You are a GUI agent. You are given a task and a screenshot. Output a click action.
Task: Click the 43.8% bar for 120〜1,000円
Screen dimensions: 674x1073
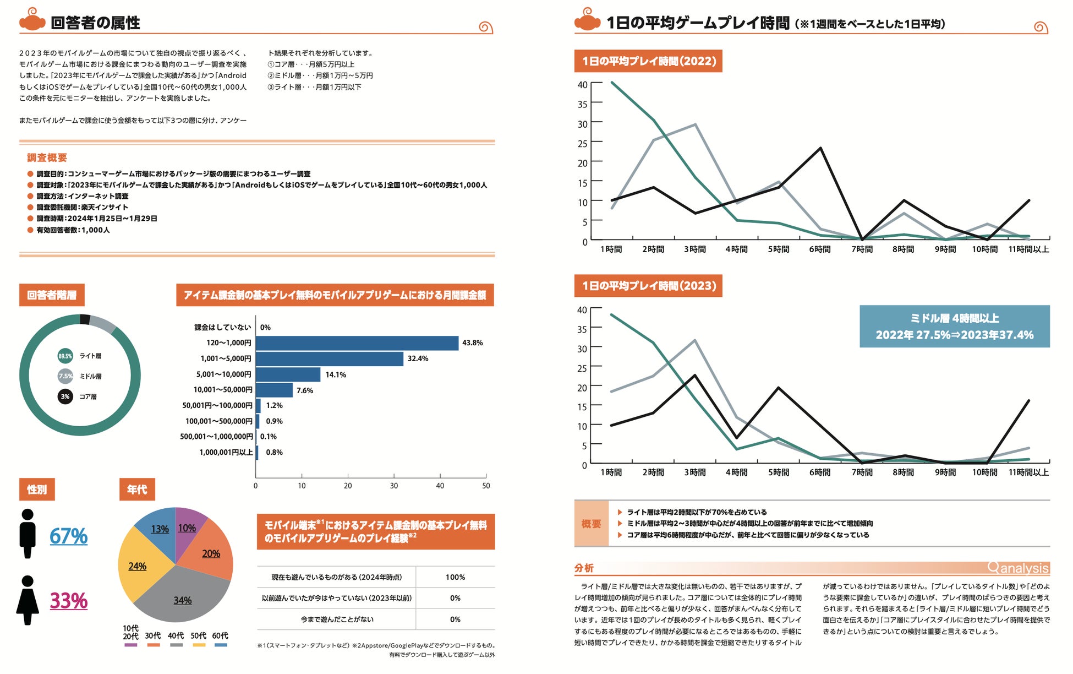[357, 343]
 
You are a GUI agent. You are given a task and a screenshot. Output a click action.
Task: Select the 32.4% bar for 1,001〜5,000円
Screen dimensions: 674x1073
[329, 359]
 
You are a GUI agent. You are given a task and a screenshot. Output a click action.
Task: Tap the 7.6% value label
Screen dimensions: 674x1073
[305, 391]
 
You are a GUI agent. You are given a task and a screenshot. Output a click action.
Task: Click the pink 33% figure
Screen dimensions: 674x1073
[69, 601]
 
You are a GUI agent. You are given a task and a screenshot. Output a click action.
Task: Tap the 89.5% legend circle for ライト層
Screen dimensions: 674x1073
[65, 356]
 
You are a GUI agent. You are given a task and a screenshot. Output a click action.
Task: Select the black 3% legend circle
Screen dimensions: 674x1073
[65, 396]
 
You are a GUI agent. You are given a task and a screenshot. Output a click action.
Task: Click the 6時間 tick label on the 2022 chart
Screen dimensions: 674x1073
[820, 249]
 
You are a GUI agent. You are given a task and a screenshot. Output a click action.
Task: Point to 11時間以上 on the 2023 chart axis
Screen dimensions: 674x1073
[1028, 472]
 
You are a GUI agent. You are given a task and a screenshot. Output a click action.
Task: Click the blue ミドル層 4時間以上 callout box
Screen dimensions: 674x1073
[954, 327]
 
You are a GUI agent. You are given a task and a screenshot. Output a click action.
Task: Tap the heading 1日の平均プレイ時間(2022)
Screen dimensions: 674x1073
[648, 61]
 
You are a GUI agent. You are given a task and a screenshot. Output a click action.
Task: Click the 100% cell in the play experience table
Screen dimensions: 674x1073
[455, 577]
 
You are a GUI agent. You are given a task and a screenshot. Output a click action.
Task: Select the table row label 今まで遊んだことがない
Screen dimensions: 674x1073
[337, 619]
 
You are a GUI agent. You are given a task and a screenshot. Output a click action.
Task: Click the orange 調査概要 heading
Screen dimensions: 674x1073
[47, 158]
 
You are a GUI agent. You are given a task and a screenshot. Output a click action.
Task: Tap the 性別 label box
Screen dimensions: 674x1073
[37, 490]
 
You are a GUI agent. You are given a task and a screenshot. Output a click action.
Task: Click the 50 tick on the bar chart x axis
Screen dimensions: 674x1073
[486, 486]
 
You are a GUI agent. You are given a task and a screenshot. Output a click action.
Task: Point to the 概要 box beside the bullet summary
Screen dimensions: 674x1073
[591, 524]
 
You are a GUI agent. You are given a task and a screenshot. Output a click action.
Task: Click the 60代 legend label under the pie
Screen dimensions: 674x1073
[220, 636]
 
